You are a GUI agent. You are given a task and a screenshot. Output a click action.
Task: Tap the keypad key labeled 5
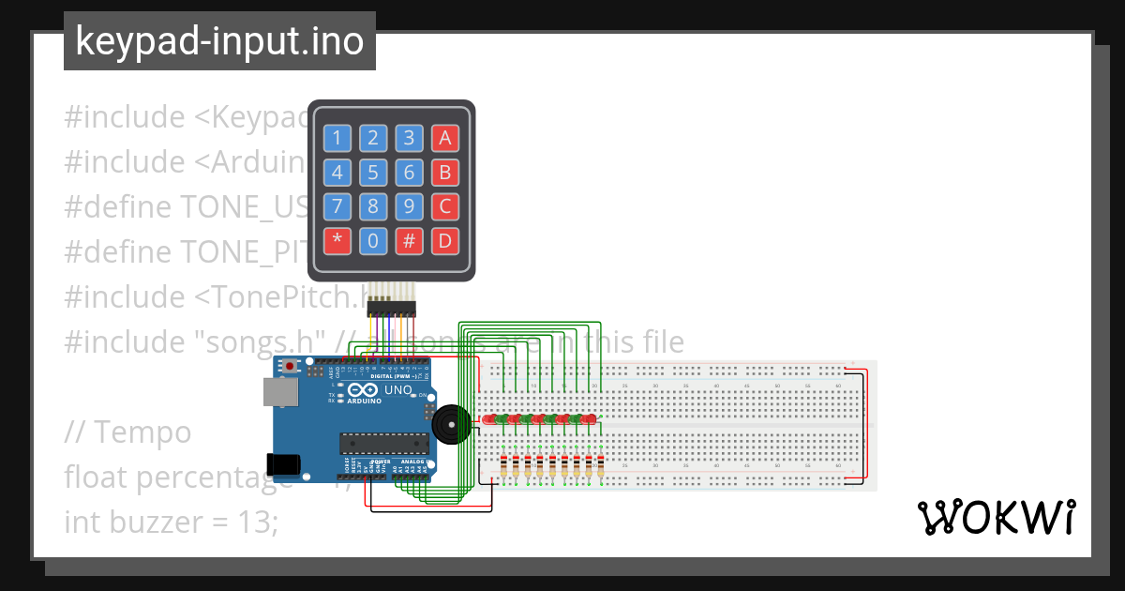[x=373, y=173]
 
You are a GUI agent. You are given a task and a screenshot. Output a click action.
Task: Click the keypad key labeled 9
[x=409, y=206]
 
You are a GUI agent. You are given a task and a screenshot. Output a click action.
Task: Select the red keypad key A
[x=445, y=139]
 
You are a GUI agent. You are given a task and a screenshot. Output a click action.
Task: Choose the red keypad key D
[x=445, y=241]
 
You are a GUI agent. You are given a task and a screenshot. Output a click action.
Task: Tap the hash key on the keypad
[x=409, y=241]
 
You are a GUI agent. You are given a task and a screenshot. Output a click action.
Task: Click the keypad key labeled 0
[x=373, y=241]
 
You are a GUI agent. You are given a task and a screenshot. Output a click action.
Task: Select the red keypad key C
[x=445, y=206]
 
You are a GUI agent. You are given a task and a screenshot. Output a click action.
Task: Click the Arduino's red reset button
[x=291, y=365]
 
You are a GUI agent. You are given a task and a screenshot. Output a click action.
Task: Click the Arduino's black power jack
[x=283, y=463]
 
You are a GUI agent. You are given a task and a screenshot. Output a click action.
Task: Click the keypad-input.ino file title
[x=219, y=41]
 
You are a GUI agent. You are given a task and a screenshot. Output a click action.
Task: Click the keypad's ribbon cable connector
[x=393, y=307]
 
